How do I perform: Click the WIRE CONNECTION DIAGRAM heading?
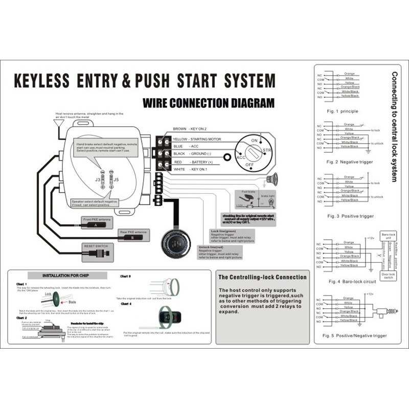[x=209, y=103]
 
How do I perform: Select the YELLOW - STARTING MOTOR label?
[x=197, y=139]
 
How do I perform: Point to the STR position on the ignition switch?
[x=266, y=150]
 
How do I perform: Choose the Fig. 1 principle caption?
[x=343, y=111]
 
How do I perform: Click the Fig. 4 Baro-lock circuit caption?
[x=352, y=281]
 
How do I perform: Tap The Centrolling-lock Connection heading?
[x=262, y=277]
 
